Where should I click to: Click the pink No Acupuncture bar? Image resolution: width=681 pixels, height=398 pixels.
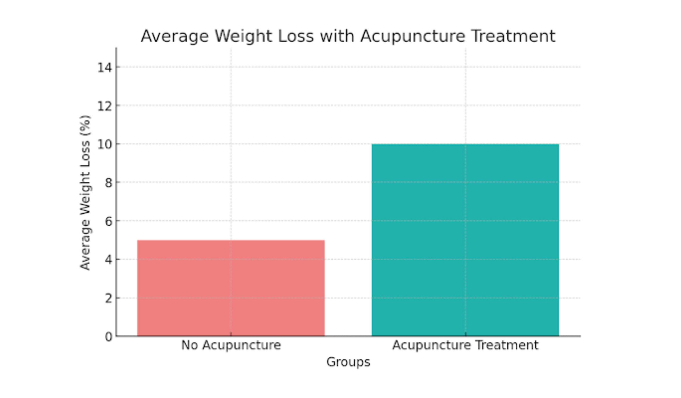(x=231, y=288)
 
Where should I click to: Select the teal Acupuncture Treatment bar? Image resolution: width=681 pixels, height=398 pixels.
(x=465, y=240)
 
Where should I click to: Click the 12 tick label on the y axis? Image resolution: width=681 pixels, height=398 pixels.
(x=105, y=106)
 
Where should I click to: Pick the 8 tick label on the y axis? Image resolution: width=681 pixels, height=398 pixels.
(x=108, y=183)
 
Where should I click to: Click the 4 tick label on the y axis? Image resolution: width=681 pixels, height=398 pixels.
(x=108, y=260)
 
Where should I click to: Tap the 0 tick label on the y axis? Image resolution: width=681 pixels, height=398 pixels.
(x=108, y=337)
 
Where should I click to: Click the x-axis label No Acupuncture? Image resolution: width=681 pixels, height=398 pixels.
(x=231, y=345)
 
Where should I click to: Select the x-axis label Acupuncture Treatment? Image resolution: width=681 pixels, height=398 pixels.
(x=465, y=345)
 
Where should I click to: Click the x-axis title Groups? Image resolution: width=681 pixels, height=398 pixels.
(x=348, y=362)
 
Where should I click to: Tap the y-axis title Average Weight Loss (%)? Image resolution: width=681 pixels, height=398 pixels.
(x=85, y=192)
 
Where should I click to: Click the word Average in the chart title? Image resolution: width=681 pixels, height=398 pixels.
(x=175, y=36)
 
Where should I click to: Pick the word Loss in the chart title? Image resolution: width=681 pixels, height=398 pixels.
(x=296, y=36)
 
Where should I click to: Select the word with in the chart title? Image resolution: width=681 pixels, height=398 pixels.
(x=337, y=36)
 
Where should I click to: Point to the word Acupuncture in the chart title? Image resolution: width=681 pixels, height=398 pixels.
(x=413, y=36)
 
